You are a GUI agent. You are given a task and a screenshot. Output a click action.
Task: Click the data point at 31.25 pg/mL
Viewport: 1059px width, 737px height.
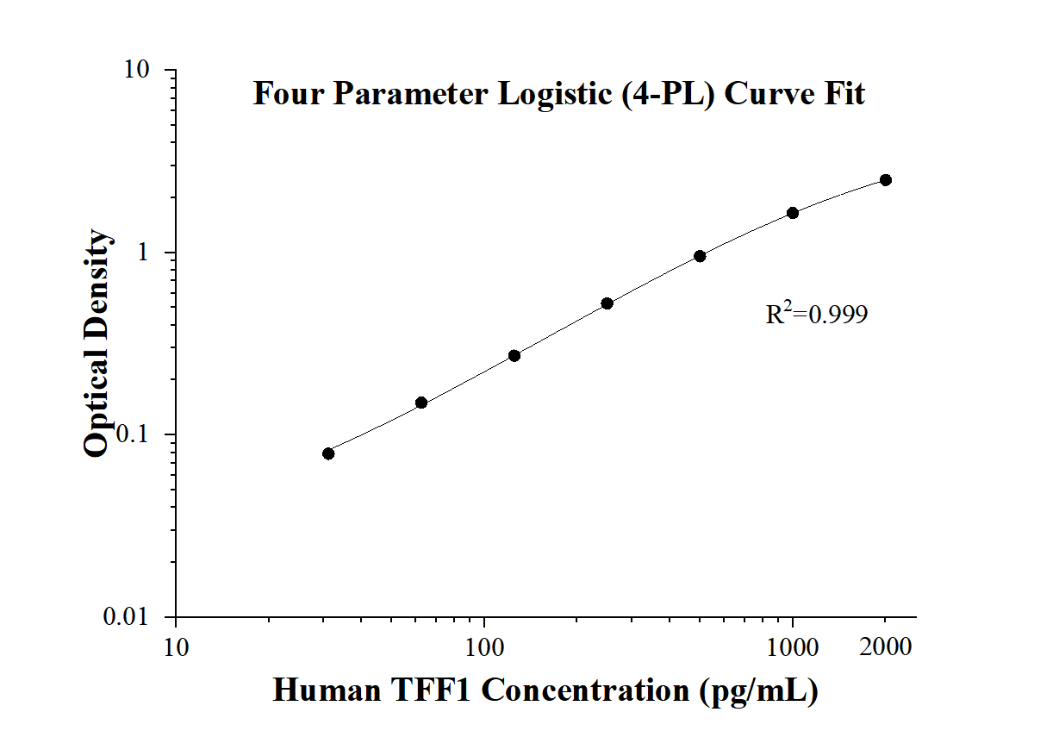tap(328, 453)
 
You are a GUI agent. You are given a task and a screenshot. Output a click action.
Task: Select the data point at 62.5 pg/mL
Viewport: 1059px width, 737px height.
tap(421, 403)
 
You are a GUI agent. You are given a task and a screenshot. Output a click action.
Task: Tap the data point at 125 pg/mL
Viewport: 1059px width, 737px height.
tap(514, 355)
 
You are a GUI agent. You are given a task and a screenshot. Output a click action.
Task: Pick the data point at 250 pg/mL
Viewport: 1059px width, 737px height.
tap(607, 303)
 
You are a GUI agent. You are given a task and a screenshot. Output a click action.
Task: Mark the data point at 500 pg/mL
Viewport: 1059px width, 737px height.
tap(700, 256)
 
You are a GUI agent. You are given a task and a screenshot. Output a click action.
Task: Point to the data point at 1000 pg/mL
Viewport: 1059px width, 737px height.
tap(793, 213)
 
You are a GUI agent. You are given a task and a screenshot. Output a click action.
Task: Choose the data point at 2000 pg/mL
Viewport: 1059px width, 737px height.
tap(886, 180)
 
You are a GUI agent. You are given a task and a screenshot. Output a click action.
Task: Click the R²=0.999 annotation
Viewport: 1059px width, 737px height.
tap(817, 315)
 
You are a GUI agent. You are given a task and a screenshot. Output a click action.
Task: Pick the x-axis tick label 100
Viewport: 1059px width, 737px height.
tap(484, 646)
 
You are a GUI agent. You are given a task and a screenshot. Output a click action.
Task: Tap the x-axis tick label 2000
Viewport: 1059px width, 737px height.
tap(886, 646)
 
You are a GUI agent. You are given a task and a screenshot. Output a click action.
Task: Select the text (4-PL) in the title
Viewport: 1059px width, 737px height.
tap(673, 93)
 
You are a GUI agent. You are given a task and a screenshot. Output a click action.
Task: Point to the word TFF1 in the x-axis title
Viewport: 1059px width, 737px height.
tap(428, 690)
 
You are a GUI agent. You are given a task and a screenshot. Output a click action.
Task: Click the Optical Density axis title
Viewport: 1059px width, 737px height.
tap(97, 343)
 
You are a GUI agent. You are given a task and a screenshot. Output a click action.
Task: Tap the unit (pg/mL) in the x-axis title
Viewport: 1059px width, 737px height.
tap(758, 690)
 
